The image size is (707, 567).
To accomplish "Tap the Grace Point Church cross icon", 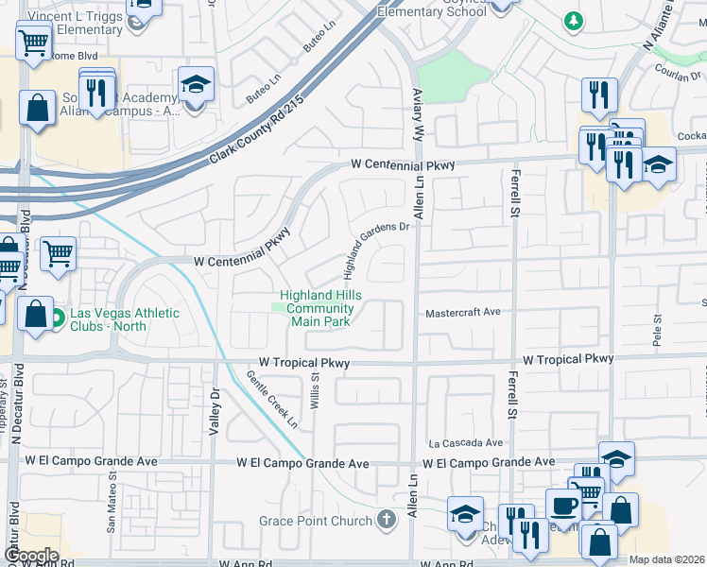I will pos(386,519).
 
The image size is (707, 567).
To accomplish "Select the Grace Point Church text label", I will pos(317,521).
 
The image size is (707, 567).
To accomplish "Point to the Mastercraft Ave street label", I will pos(461,313).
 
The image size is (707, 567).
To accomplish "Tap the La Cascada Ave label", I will pos(465,442).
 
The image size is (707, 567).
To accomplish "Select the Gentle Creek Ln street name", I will pos(271,399).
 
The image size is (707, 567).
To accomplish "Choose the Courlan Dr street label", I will pos(677,77).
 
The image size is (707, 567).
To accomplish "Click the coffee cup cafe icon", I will pos(564,505).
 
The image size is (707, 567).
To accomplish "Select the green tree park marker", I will pos(573,19).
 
